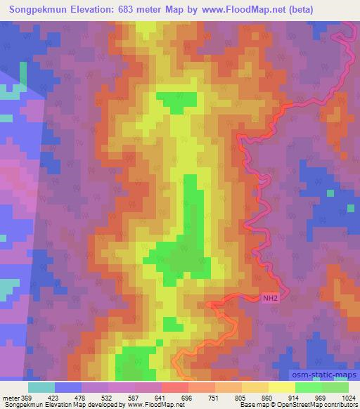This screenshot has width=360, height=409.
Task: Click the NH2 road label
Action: click(x=270, y=298)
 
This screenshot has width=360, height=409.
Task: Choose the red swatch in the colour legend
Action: click(x=174, y=387)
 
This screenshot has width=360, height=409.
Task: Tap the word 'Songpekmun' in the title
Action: click(x=34, y=9)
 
